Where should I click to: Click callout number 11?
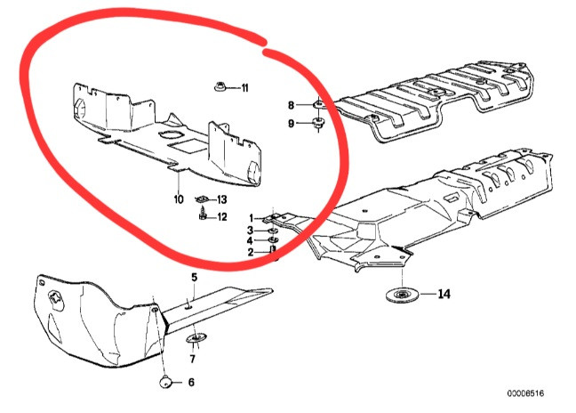coord(244,88)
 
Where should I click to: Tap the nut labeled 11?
coord(220,87)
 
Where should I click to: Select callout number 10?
coord(178,199)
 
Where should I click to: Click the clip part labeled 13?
coord(201,199)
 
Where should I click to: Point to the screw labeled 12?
coord(203,214)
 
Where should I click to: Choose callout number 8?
coord(291,106)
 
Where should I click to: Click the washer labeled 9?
coord(317,124)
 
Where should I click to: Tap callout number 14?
coord(444,294)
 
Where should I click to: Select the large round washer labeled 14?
coord(403,295)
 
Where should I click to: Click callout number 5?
coord(195,277)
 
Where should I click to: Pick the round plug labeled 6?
coord(165,381)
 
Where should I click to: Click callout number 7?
coord(193,359)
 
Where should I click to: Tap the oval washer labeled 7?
coord(196,337)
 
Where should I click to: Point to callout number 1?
coord(252,218)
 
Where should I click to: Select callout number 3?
coord(250,231)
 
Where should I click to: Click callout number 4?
coord(250,241)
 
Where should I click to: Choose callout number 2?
coord(250,252)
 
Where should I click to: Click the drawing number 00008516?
coord(525,393)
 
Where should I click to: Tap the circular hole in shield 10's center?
coord(170,135)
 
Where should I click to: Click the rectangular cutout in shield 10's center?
coord(187,145)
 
